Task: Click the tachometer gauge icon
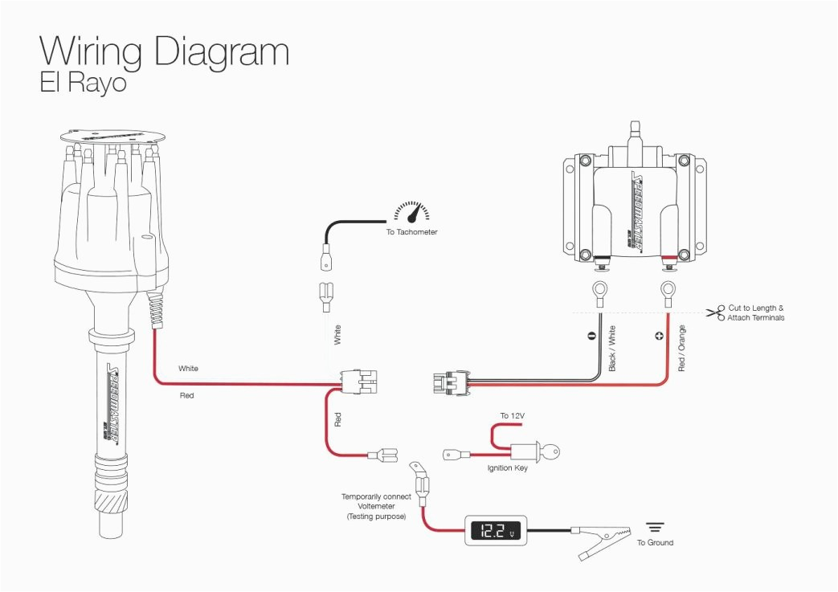tap(411, 213)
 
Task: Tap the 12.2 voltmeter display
tap(494, 531)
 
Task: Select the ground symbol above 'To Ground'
tap(656, 527)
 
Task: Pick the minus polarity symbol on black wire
tap(592, 336)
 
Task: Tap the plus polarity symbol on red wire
tap(660, 336)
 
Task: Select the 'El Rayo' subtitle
tap(83, 84)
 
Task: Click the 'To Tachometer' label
tap(411, 232)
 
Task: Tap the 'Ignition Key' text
tap(507, 468)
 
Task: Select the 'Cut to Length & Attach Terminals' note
tap(755, 313)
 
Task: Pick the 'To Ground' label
tap(655, 543)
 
